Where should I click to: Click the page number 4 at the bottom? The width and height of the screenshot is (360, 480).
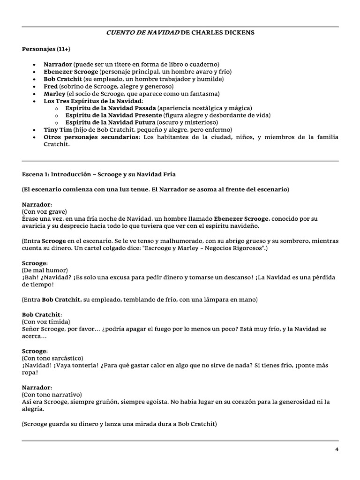(337, 449)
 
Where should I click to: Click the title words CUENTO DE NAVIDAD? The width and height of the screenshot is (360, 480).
(143, 33)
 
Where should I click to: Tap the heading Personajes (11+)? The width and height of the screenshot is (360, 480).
(46, 49)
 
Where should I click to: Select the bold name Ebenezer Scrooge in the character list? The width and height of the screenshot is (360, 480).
(71, 72)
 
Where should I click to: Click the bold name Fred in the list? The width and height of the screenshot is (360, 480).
(51, 87)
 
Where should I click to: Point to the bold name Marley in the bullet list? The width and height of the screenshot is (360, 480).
(54, 94)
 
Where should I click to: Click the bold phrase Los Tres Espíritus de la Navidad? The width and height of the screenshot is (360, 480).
(93, 101)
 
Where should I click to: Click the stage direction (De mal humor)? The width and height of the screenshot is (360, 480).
(45, 270)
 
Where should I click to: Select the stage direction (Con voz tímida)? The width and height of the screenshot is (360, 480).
(46, 322)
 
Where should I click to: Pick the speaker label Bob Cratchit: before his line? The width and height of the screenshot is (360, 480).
(42, 314)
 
